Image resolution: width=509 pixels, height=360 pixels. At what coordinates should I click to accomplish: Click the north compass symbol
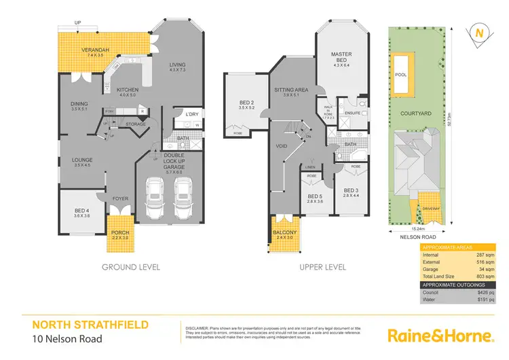click(x=480, y=33)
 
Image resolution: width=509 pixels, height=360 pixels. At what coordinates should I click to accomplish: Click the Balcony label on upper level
click(x=285, y=234)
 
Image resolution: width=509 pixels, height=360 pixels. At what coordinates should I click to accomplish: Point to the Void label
click(x=282, y=146)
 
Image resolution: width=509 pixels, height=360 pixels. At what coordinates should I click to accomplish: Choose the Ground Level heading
click(x=131, y=267)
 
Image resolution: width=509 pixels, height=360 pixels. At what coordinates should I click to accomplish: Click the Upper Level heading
click(x=322, y=267)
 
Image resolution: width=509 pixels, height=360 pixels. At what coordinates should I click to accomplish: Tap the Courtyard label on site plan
click(x=415, y=115)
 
